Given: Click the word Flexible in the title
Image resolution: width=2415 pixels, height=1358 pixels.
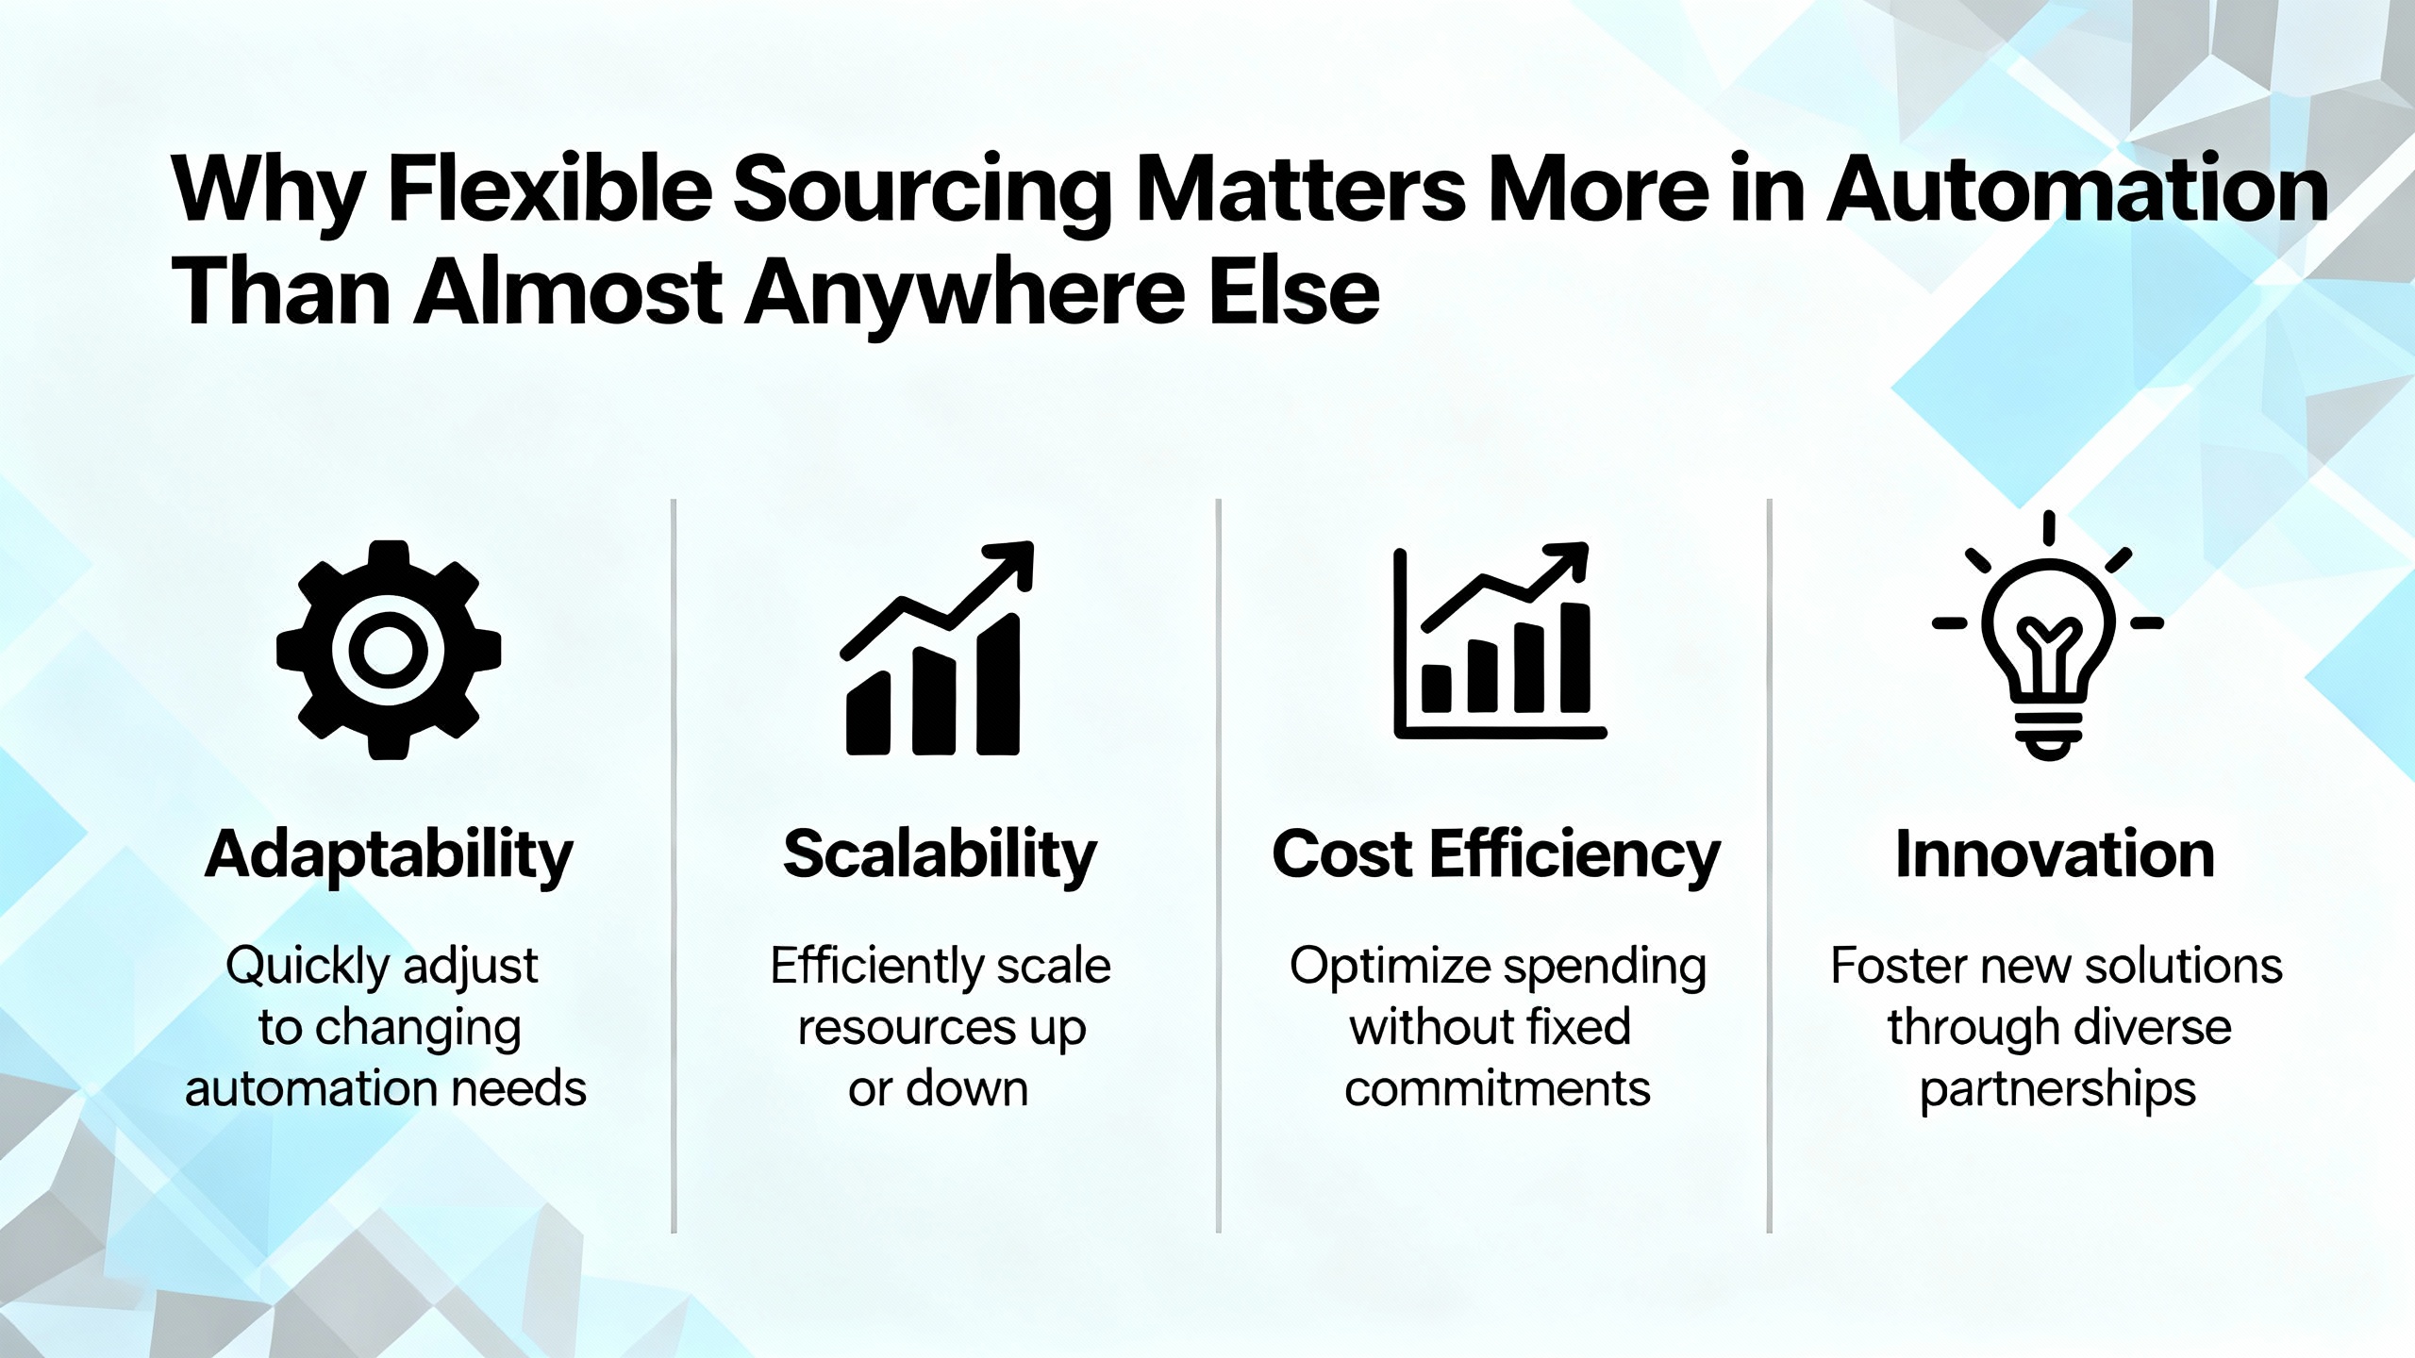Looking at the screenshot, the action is point(550,191).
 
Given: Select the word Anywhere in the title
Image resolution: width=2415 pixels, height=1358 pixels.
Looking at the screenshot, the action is point(961,294).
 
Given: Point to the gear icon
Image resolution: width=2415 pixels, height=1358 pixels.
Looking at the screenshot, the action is point(389,650).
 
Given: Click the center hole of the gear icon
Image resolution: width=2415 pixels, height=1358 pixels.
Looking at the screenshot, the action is point(389,650).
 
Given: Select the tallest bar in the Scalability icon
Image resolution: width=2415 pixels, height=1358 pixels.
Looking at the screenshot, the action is point(998,685).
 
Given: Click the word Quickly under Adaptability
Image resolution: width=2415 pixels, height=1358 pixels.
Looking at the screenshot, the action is point(308,968).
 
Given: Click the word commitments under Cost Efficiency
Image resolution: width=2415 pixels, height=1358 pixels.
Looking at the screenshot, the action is point(1497,1089).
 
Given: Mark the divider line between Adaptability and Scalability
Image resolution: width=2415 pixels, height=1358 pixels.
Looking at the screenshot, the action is point(674,866).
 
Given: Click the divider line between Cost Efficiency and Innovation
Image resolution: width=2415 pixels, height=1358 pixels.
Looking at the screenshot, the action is point(1769,866).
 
